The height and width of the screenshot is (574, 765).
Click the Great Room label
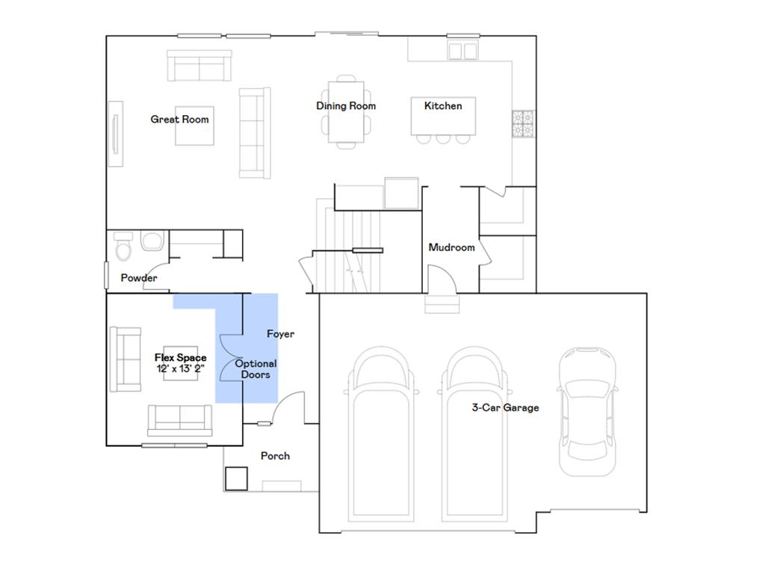(179, 119)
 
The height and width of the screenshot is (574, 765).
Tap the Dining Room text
(346, 106)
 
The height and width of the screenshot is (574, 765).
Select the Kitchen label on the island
(443, 106)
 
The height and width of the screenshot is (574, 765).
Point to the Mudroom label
(451, 247)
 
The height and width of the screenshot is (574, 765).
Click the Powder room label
(139, 278)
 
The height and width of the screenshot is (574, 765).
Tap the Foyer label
(281, 334)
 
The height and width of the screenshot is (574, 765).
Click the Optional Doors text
(255, 369)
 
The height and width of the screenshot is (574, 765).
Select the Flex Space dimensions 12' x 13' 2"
(181, 368)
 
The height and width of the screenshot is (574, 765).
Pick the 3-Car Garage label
(506, 407)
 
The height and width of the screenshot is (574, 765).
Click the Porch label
(275, 456)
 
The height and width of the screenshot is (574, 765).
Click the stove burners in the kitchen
(523, 123)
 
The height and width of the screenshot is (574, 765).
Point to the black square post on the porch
(236, 479)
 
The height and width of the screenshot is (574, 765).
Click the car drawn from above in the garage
(587, 412)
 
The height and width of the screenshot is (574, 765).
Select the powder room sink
(152, 241)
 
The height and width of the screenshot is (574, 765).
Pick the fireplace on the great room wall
(116, 134)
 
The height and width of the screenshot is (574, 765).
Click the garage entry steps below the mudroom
(442, 303)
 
